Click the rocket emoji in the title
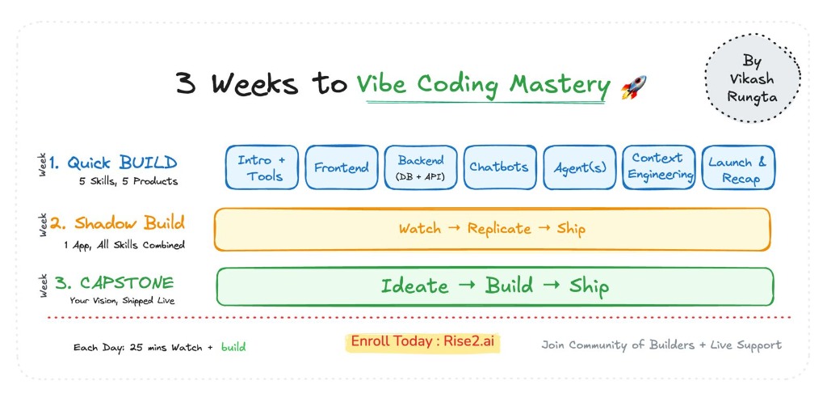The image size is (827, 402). point(634,87)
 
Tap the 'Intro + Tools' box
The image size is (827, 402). point(261,167)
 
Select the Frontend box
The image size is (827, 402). point(341,168)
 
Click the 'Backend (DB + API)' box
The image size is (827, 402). point(420,167)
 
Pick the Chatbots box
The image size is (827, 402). point(498,167)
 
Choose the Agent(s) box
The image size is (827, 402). point(578,168)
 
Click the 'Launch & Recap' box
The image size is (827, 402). point(737,168)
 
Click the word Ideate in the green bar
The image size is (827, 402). point(414,286)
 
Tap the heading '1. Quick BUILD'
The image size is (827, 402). point(112,162)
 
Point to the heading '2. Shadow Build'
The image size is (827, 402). point(117,222)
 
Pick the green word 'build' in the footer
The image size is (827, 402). point(233,347)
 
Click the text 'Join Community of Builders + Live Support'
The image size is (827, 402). point(661,345)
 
